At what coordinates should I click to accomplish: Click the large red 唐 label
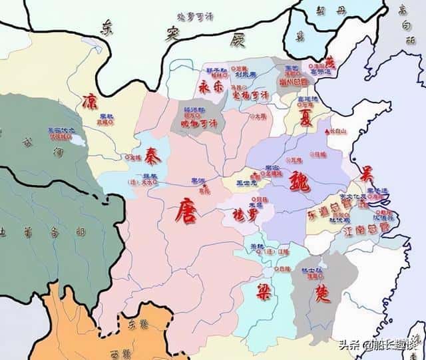(186, 212)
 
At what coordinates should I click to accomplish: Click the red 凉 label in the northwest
(90, 102)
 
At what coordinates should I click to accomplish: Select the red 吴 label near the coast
(365, 175)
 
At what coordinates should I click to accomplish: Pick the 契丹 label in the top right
(331, 13)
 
